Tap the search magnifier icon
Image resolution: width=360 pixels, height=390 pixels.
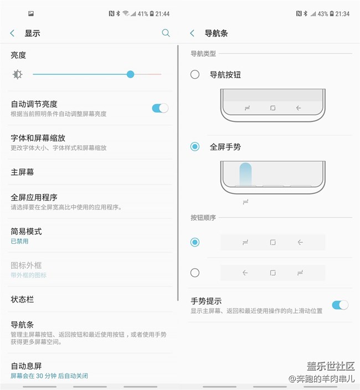click(x=166, y=33)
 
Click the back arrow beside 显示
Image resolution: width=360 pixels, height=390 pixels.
click(x=12, y=33)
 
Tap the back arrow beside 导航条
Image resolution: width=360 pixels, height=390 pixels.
click(x=192, y=33)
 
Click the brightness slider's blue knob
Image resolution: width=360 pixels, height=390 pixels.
click(x=130, y=74)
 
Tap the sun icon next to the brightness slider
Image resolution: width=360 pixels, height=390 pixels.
click(x=18, y=74)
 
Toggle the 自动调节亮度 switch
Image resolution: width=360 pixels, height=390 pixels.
click(x=160, y=108)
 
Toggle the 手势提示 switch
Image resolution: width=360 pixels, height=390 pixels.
click(x=340, y=305)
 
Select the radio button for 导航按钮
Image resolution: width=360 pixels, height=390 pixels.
click(x=195, y=74)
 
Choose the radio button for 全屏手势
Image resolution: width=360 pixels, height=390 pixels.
click(x=195, y=147)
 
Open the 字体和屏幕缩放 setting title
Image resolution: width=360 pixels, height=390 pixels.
click(x=38, y=138)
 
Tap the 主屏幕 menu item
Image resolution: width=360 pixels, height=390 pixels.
click(x=22, y=172)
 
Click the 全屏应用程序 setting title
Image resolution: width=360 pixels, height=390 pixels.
click(x=34, y=197)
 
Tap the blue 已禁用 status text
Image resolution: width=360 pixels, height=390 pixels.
click(x=19, y=242)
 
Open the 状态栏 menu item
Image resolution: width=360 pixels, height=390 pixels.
click(x=22, y=300)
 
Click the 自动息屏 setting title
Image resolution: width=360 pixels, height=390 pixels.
click(x=26, y=366)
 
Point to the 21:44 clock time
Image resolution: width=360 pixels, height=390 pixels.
click(x=162, y=14)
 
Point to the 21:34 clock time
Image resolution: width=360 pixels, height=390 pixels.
click(x=342, y=14)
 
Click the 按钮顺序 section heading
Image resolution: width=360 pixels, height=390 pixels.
click(x=203, y=218)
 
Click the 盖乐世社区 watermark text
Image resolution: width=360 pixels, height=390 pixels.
click(x=331, y=366)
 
